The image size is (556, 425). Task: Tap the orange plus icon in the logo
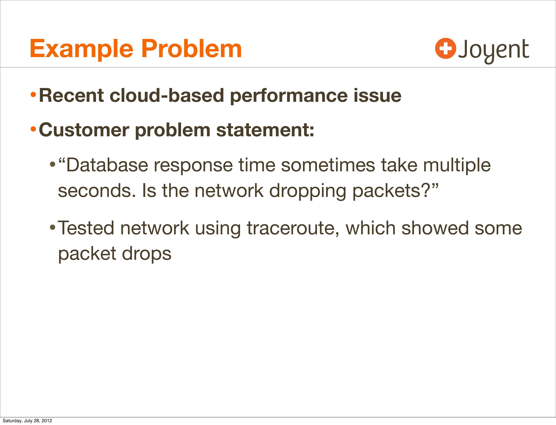pyautogui.click(x=446, y=48)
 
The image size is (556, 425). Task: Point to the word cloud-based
pyautogui.click(x=167, y=96)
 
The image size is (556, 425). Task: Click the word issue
pyautogui.click(x=377, y=96)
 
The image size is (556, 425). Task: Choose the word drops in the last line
pyautogui.click(x=147, y=254)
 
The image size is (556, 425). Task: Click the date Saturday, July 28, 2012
pyautogui.click(x=27, y=420)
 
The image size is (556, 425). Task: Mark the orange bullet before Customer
pyautogui.click(x=33, y=130)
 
